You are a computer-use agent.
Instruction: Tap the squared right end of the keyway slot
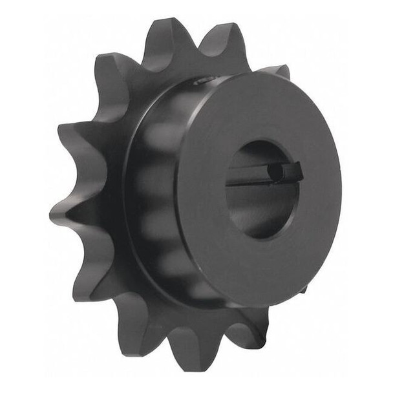pyautogui.click(x=296, y=172)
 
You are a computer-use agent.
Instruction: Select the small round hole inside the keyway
pyautogui.click(x=276, y=172)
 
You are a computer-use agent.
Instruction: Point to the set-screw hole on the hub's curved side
pyautogui.click(x=202, y=81)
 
